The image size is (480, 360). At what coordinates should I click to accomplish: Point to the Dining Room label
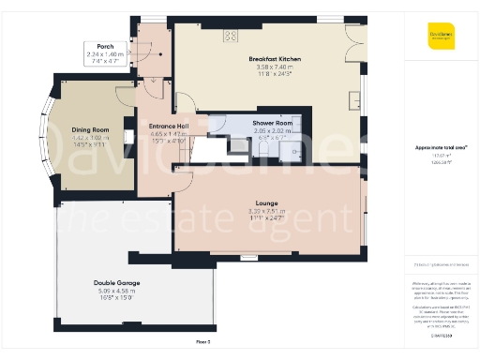(x=90, y=129)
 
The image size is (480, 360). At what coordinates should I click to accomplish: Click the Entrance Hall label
(x=170, y=126)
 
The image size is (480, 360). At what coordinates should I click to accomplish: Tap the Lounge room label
(x=266, y=202)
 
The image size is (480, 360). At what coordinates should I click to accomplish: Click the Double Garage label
(x=117, y=282)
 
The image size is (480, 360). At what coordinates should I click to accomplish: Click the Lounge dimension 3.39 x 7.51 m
(x=266, y=210)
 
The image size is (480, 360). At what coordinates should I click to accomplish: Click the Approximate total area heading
(x=440, y=148)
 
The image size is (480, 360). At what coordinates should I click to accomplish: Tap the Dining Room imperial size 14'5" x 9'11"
(x=90, y=144)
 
